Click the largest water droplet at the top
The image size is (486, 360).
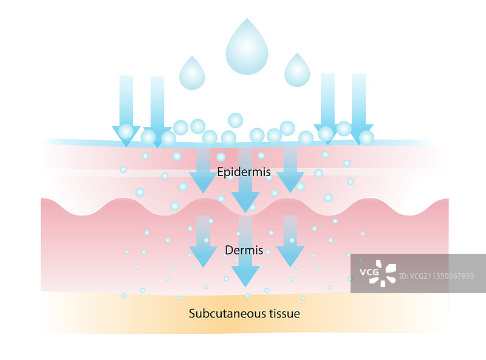[247, 50]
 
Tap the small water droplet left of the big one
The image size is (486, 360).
[192, 73]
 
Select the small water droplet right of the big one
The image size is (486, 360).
[298, 72]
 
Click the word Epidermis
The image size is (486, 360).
[244, 172]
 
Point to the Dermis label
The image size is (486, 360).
[244, 250]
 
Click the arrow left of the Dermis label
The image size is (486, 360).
[203, 243]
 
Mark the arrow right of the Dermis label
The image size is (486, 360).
[290, 243]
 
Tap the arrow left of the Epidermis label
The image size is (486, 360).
[202, 170]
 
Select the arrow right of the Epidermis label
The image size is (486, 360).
[290, 170]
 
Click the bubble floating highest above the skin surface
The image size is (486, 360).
[235, 120]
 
